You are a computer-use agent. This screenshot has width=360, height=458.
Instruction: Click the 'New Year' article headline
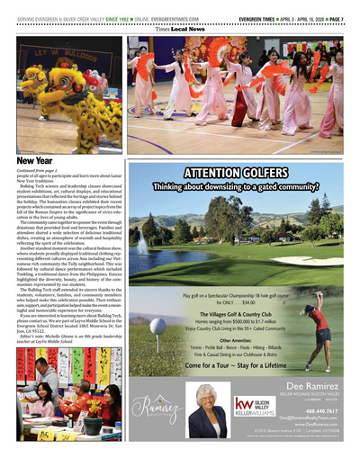[33, 160]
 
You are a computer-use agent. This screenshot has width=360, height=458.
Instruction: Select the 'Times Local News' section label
[180, 29]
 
